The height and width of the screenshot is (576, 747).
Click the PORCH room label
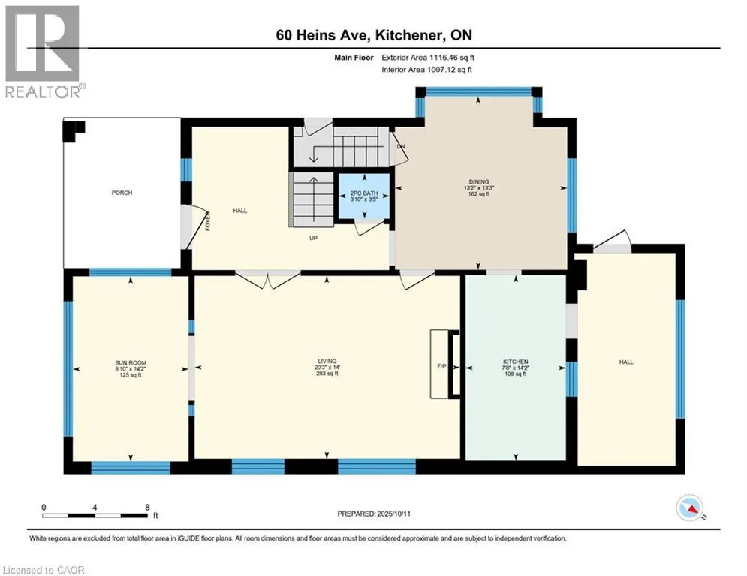[122, 193]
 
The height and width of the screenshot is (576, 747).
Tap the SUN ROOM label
[131, 363]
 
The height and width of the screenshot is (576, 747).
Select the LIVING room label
[327, 361]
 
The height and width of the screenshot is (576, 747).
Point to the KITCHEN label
[516, 361]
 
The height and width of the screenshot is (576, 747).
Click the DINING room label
[479, 181]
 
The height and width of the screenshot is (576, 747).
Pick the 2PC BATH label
[364, 193]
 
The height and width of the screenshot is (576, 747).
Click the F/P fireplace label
[441, 366]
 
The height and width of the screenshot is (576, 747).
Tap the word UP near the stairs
[313, 238]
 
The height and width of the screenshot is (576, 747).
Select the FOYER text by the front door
[208, 221]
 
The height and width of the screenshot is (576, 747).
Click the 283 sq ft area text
[327, 373]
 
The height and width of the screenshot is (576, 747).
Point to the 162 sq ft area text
[479, 194]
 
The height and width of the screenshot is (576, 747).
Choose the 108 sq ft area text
[516, 374]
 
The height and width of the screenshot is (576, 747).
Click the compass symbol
[690, 508]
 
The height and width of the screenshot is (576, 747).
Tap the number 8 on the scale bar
[147, 508]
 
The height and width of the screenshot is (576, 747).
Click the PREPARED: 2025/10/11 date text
[374, 514]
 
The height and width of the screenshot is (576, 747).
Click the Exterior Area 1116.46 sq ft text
[428, 58]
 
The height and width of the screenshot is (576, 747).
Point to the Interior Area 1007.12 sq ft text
[427, 70]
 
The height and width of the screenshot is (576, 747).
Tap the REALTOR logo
[44, 52]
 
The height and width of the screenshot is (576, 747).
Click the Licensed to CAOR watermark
[44, 570]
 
